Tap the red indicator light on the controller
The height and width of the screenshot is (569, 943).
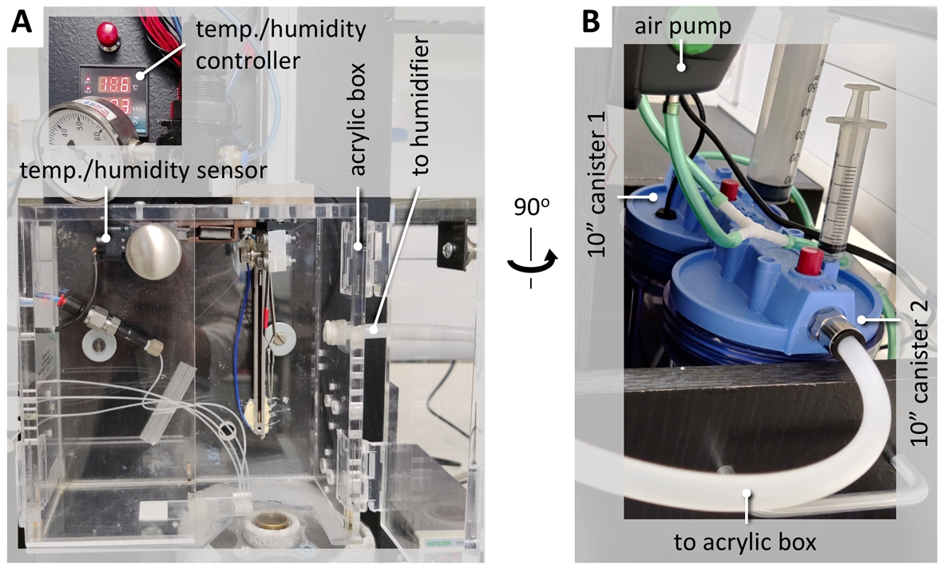point(104,33)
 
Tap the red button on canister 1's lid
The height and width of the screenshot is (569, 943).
point(727,189)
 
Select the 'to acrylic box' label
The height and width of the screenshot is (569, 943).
point(745,543)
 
